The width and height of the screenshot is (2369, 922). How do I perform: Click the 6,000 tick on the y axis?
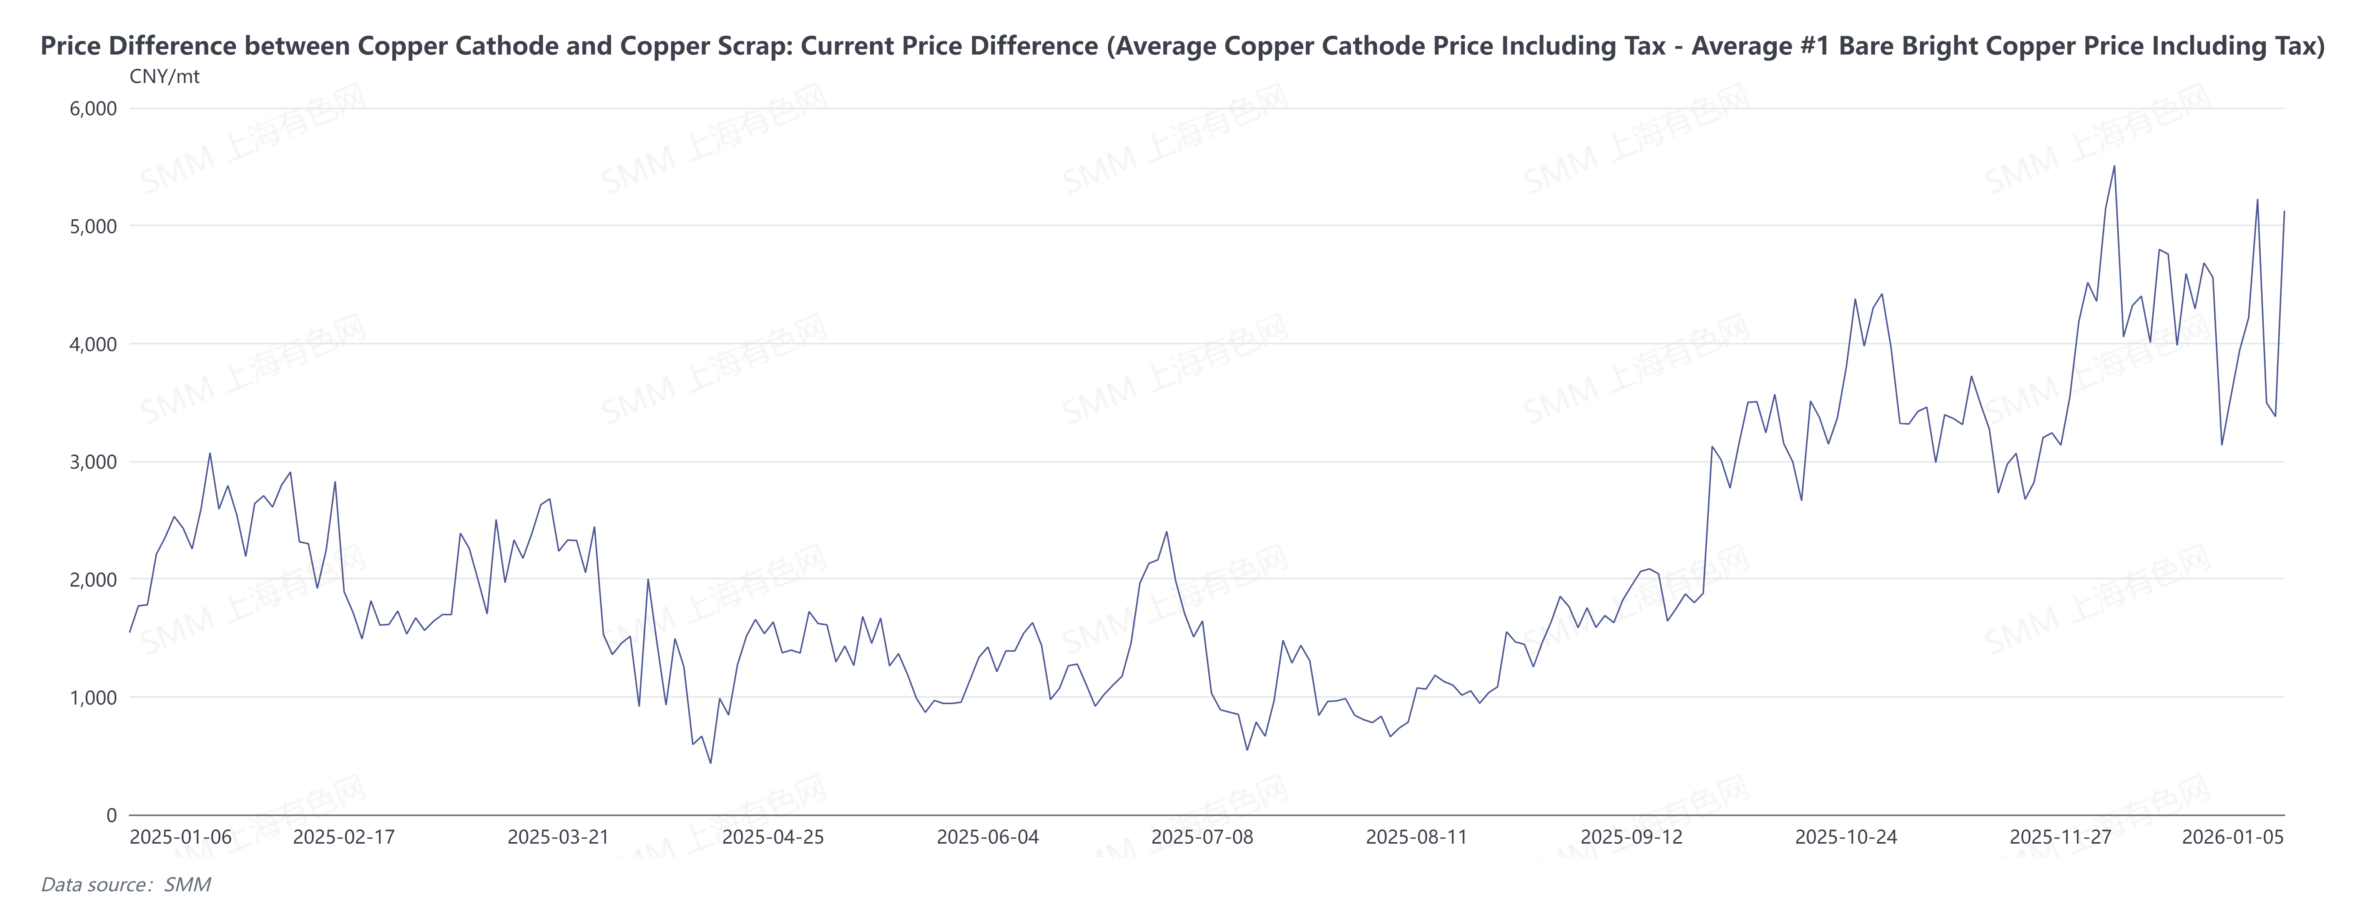[x=93, y=108]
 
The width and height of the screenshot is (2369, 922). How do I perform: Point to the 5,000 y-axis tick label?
[x=93, y=226]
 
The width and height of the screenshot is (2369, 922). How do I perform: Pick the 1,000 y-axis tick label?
[x=93, y=698]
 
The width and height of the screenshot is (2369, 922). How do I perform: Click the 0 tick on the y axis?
[x=111, y=815]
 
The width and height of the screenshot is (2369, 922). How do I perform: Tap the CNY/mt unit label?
[x=164, y=76]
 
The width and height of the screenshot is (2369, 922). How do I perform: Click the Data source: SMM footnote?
[x=126, y=884]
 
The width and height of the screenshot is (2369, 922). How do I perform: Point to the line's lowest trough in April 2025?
[x=710, y=763]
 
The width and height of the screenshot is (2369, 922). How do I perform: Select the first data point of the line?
[x=130, y=632]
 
